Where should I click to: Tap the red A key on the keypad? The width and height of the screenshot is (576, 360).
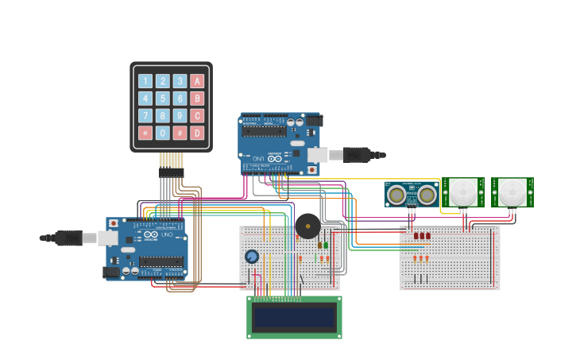[x=197, y=81]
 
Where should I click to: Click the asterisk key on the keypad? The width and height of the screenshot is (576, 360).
[x=145, y=133]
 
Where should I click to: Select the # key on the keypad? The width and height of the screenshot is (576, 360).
[x=180, y=133]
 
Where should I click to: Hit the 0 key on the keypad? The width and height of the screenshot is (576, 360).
[x=162, y=133]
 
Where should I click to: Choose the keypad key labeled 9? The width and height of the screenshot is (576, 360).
[x=180, y=115]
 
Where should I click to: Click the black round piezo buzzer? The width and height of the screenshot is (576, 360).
[x=307, y=226]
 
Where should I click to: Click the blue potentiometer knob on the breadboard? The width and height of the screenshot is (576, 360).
[x=252, y=256]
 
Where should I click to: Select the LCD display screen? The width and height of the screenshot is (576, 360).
[x=294, y=317]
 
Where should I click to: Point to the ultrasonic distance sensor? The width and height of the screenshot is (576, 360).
[x=412, y=194]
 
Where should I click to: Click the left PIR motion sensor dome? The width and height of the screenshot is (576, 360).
[x=462, y=192]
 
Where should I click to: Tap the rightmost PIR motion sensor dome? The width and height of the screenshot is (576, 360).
[x=512, y=192]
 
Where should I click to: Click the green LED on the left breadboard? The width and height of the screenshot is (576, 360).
[x=326, y=245]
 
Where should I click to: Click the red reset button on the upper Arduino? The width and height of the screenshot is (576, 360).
[x=312, y=169]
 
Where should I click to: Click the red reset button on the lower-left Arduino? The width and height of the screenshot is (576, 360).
[x=113, y=223]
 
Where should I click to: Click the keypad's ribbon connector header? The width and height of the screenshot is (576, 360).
[x=171, y=172]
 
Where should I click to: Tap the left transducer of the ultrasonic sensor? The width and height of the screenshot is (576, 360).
[x=396, y=194]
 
